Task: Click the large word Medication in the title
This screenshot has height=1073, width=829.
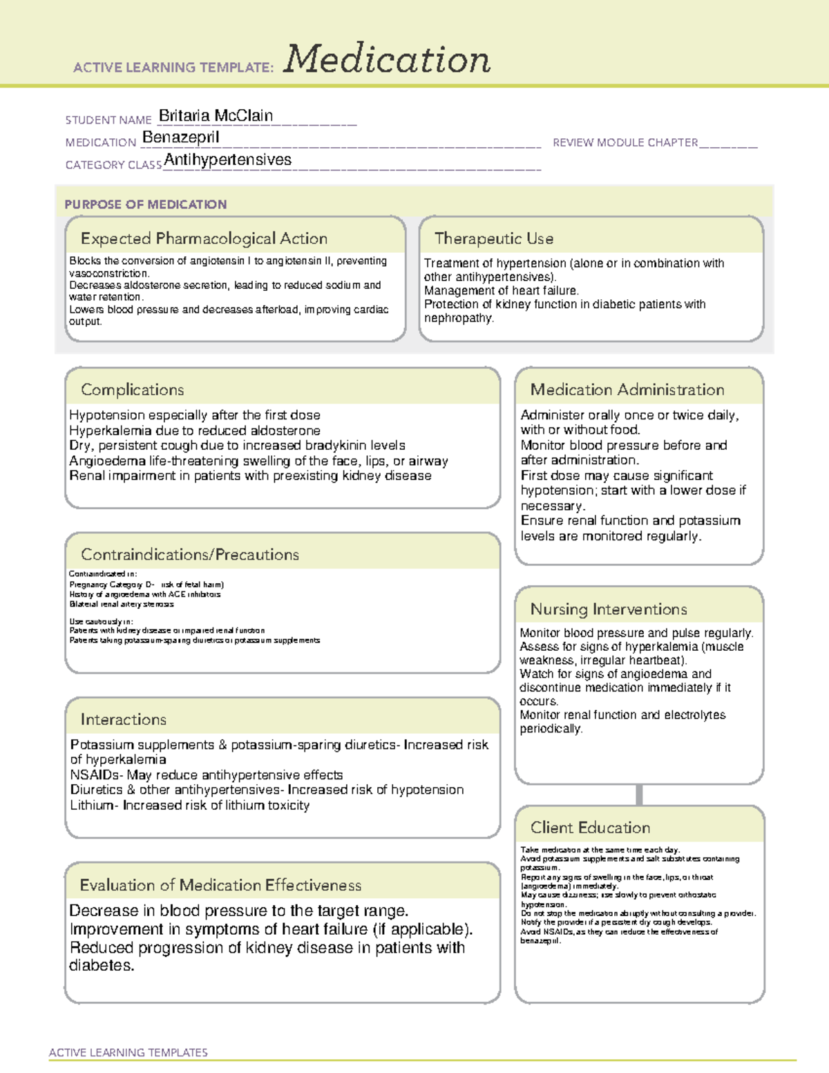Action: click(387, 59)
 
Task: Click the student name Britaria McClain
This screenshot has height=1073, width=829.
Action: click(216, 115)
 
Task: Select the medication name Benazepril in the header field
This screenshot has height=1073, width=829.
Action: click(181, 137)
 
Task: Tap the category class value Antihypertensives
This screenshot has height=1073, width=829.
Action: click(228, 160)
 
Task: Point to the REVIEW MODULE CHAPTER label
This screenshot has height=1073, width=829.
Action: click(625, 142)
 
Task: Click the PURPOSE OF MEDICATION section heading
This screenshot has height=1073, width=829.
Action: click(146, 205)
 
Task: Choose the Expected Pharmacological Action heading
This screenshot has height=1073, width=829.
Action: click(204, 238)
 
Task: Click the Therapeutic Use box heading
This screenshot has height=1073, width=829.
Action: click(494, 238)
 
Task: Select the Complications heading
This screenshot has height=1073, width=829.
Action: click(133, 390)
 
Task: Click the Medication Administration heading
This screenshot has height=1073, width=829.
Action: click(627, 390)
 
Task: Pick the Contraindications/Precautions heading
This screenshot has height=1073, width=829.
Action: click(190, 555)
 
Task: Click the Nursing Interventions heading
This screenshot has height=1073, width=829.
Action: click(609, 609)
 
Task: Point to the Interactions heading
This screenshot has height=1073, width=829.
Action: click(124, 720)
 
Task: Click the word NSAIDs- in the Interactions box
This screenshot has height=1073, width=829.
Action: click(96, 775)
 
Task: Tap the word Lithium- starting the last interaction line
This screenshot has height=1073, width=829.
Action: click(94, 806)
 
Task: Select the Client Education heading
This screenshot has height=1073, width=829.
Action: click(590, 828)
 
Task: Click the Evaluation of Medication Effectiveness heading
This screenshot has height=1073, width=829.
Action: click(220, 885)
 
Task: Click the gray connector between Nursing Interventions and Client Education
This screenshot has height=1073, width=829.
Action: click(639, 795)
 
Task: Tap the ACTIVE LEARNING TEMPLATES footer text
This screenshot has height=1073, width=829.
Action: click(128, 1052)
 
